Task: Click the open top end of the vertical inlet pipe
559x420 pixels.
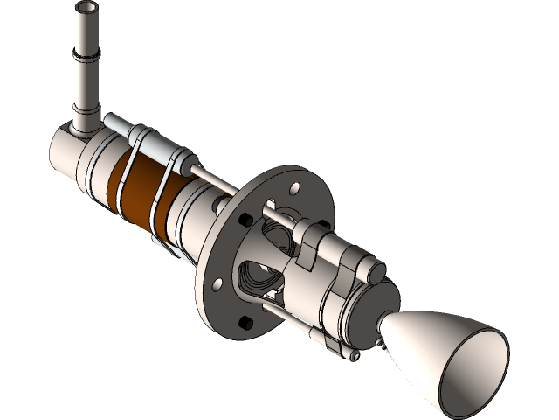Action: click(86, 10)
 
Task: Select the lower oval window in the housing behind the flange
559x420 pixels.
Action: click(259, 279)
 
